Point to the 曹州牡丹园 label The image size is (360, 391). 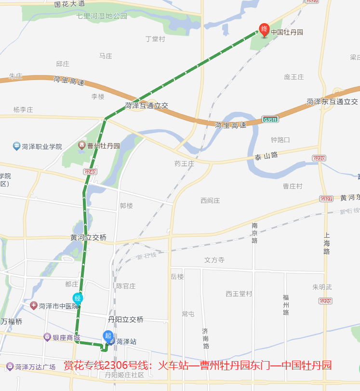point(103,145)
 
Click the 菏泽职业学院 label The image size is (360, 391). point(41,146)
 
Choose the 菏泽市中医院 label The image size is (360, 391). point(58,306)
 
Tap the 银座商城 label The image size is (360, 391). point(66,337)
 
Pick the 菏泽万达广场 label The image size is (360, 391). point(35,367)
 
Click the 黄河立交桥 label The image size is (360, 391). point(88,237)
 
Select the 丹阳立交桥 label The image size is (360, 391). point(126,319)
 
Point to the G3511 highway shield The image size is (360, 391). point(270,119)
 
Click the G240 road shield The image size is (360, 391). point(90,172)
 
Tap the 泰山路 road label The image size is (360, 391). point(267,156)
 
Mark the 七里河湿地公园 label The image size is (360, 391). point(102,15)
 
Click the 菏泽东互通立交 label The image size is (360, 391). point(332,102)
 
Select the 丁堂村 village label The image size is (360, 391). point(155,39)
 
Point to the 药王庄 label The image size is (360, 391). point(184,163)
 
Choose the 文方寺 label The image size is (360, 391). point(214,260)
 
